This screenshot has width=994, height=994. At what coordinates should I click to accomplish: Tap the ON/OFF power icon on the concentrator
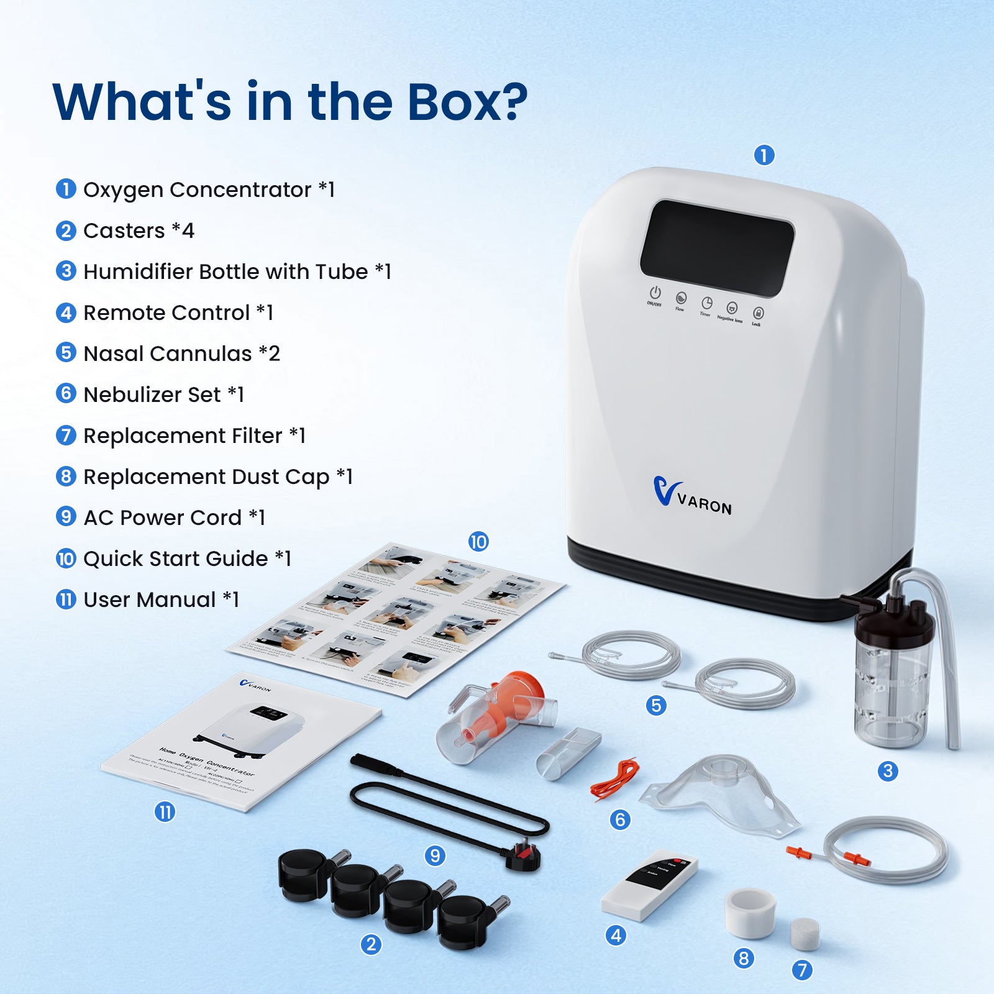655,293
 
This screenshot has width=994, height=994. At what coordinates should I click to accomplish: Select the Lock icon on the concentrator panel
758,313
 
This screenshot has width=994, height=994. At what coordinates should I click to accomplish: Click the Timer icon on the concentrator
706,303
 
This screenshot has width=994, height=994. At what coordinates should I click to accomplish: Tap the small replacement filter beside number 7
804,933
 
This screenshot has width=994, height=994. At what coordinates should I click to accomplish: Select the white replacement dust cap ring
750,911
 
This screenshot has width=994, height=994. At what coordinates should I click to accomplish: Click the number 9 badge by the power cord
435,855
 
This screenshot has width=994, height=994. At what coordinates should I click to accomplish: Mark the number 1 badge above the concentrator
764,155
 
